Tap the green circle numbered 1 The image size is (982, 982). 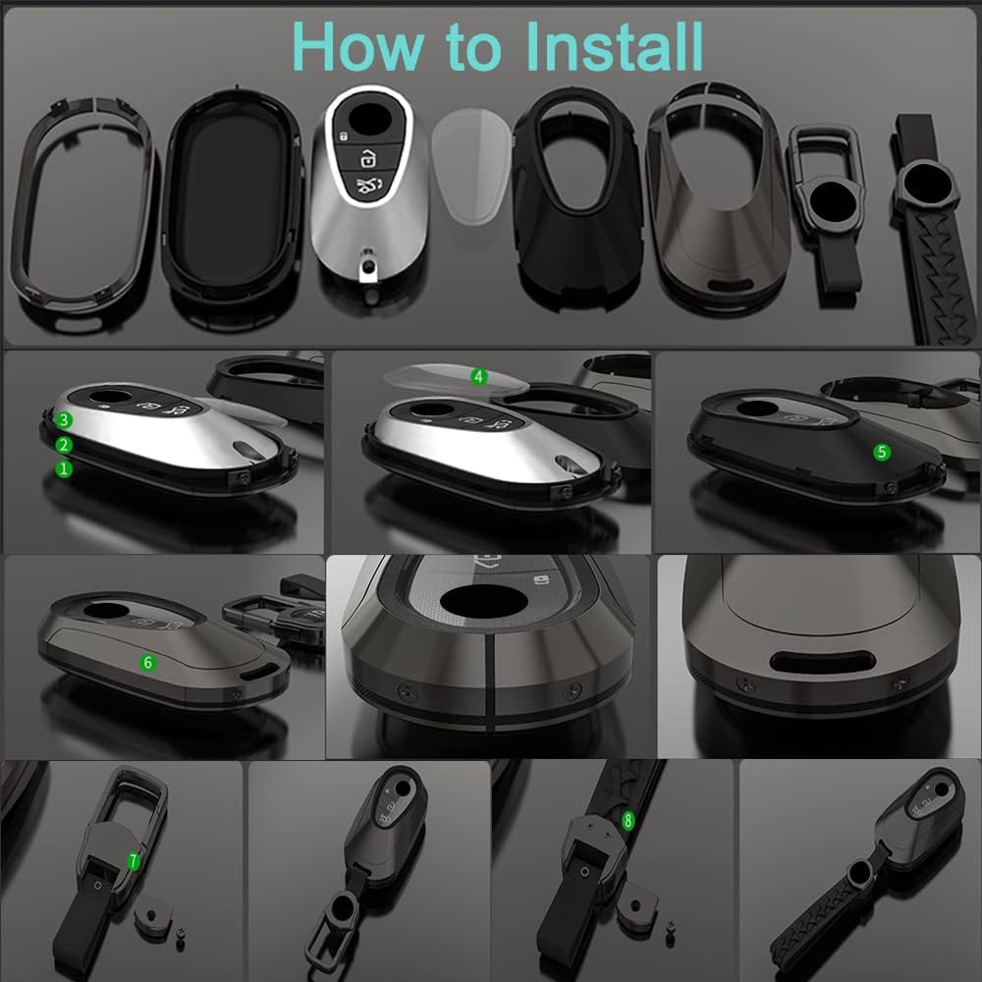64,469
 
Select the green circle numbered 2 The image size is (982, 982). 64,445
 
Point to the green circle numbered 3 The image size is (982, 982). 64,420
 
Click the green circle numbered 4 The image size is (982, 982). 479,376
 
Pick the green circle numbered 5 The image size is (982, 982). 882,452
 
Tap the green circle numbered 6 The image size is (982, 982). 148,663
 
